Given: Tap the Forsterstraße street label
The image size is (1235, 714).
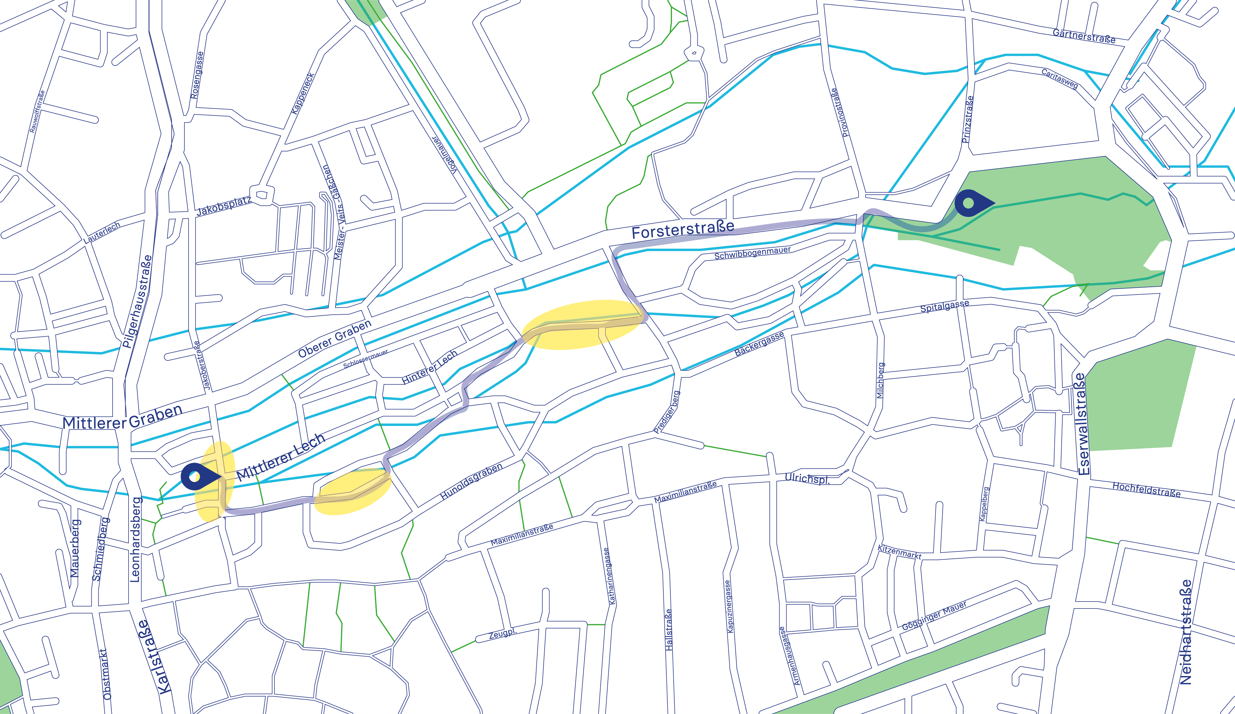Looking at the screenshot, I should [x=683, y=229].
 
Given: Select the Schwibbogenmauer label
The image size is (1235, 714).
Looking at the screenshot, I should [x=752, y=253].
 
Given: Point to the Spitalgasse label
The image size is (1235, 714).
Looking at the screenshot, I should [x=944, y=306].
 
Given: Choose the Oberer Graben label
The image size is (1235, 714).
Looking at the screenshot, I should [x=335, y=339].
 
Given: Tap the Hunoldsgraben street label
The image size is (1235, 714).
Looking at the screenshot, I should [x=471, y=481].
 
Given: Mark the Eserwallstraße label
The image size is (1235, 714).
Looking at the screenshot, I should [x=1083, y=424].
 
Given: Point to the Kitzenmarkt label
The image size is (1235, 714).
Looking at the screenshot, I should [x=899, y=552].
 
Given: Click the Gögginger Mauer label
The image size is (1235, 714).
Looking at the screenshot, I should [x=934, y=615].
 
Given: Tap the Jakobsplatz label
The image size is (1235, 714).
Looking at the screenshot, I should [x=224, y=207].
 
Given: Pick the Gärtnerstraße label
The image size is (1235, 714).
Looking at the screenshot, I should [x=1084, y=36].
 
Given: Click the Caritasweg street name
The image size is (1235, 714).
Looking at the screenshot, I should [x=1060, y=78].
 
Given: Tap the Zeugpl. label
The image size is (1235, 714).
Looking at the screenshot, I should [x=502, y=633].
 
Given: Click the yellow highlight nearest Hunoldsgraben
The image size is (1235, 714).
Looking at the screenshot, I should [x=352, y=492].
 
